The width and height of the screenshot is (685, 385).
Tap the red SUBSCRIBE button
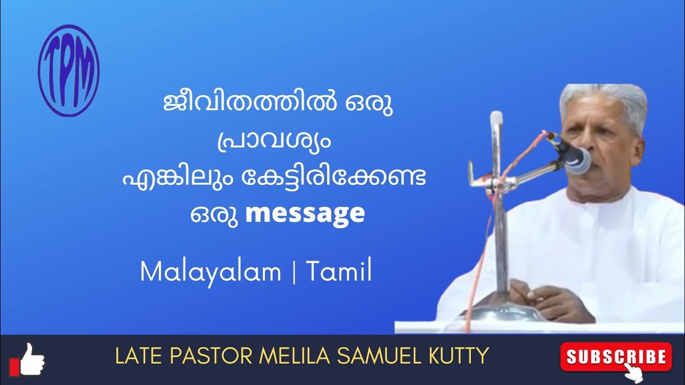coord(615,356)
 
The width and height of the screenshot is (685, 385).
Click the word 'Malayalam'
coord(210,272)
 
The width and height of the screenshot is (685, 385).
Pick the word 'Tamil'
coord(339,272)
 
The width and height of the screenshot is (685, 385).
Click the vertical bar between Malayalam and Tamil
coord(293,273)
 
